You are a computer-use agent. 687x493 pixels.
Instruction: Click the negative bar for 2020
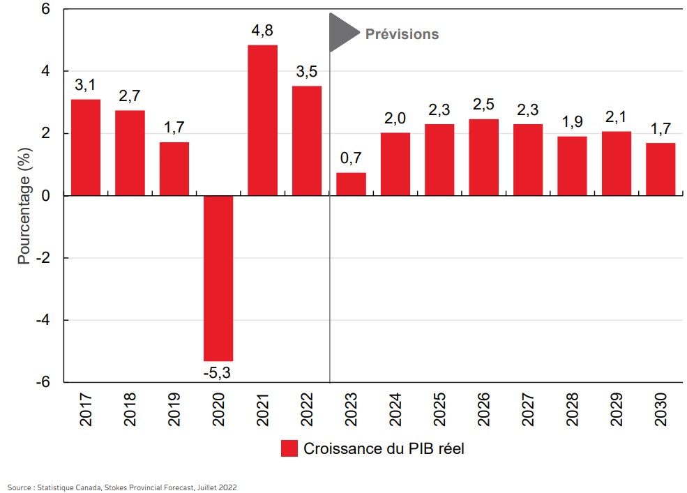click(218, 278)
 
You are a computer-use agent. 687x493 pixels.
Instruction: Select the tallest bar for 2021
click(262, 120)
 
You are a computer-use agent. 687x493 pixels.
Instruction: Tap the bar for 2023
click(351, 184)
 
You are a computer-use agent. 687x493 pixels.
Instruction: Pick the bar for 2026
click(483, 157)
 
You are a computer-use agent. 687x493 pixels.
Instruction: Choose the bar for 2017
click(86, 147)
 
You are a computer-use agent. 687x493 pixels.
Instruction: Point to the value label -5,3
click(217, 373)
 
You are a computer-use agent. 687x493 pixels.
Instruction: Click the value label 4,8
click(262, 31)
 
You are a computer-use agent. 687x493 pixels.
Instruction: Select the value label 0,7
click(351, 159)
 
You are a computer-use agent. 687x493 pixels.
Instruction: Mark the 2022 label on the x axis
click(308, 410)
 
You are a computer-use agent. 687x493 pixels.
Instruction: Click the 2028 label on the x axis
click(573, 410)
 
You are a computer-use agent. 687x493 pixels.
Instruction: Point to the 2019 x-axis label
click(174, 410)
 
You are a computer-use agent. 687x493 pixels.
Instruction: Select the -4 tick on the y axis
click(45, 320)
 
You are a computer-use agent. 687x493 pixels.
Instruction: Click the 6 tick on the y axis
click(45, 10)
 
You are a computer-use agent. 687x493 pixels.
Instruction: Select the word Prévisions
click(402, 33)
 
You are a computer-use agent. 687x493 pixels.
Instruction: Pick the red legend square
click(289, 448)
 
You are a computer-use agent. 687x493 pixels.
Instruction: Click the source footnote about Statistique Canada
click(122, 487)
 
